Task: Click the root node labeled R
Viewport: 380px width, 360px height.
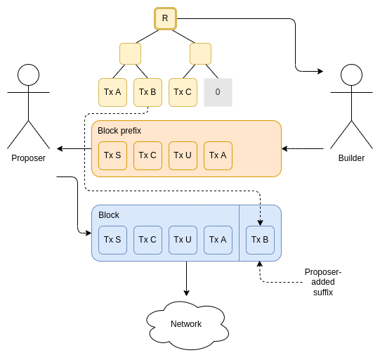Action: [x=165, y=18]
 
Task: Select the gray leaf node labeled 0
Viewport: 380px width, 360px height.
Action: [x=218, y=92]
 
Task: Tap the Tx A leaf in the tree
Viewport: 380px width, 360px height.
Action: [x=112, y=92]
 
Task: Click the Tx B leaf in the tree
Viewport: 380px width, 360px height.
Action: [x=148, y=92]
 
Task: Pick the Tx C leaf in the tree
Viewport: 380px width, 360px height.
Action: [x=183, y=92]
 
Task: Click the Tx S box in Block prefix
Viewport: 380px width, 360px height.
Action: [x=112, y=155]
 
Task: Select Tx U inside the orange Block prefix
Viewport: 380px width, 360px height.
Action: [x=183, y=155]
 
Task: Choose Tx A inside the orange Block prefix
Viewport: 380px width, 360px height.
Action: [x=218, y=155]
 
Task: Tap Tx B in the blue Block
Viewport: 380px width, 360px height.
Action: [x=260, y=240]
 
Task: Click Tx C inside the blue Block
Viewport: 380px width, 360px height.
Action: [x=148, y=240]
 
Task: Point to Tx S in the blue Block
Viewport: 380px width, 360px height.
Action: [x=112, y=240]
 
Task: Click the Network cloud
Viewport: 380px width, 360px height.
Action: [x=188, y=325]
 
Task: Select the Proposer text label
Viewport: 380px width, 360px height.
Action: [x=28, y=158]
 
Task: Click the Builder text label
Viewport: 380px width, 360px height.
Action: [x=351, y=158]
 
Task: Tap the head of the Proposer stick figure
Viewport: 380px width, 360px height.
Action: [x=28, y=75]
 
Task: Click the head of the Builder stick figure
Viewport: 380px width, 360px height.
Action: [x=351, y=75]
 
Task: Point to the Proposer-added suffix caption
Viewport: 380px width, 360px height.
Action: [x=323, y=282]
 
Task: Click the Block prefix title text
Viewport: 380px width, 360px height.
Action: [x=119, y=131]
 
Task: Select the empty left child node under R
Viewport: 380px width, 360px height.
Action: [x=130, y=54]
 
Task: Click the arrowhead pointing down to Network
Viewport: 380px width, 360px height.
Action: [x=186, y=293]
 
